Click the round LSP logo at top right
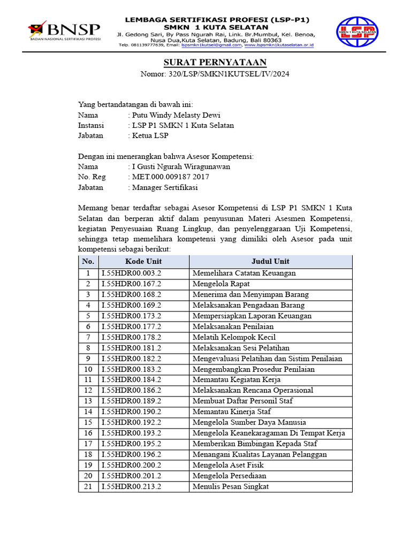tap(356, 33)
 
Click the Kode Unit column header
tap(143, 261)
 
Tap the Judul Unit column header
tap(270, 261)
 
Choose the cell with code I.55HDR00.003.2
tap(132, 273)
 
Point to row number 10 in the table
tap(88, 369)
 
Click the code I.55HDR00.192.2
tap(132, 422)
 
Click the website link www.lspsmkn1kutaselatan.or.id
tap(279, 45)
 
